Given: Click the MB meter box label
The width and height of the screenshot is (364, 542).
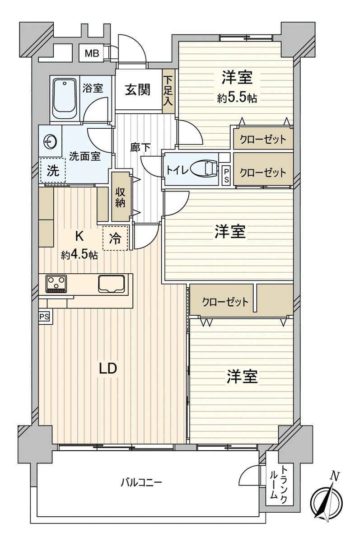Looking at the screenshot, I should pos(92,53).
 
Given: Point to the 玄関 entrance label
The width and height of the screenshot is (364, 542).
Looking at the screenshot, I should pos(138,89).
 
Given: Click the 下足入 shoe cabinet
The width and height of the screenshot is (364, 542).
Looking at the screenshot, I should pos(168,90).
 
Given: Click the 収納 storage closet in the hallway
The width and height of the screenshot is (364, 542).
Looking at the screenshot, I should pos(120,196).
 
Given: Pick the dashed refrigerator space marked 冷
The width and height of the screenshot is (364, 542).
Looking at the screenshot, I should pos(116,238).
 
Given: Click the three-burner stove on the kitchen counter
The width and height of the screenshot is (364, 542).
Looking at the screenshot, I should pos(56,284).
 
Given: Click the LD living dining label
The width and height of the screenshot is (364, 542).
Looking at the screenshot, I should pos(108,368).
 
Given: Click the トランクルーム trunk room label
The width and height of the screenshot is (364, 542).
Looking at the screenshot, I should pos(279,482).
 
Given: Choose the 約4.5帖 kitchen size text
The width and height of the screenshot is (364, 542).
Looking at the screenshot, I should pos(79,255).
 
